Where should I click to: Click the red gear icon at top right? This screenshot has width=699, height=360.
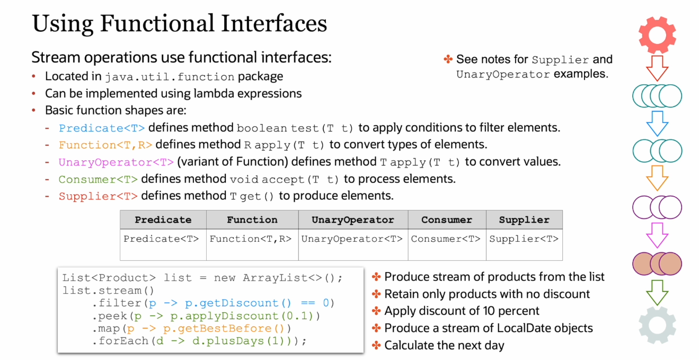click(x=657, y=34)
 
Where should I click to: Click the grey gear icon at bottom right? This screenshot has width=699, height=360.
click(x=657, y=326)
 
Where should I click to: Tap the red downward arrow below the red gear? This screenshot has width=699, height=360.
click(x=657, y=68)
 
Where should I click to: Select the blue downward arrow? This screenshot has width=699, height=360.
click(x=657, y=124)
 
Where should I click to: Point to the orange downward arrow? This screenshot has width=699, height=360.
click(x=657, y=178)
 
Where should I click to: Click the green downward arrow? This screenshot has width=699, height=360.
click(x=657, y=293)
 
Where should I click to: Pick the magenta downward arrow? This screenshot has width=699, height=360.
click(x=657, y=235)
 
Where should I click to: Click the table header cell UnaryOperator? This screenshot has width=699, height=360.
click(x=353, y=220)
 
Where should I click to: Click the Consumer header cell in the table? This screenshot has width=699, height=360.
click(x=447, y=220)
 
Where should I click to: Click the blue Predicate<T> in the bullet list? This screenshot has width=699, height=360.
click(x=102, y=128)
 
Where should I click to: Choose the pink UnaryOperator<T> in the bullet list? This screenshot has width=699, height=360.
click(x=116, y=162)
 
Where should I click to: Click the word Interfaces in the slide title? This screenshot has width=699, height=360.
click(x=274, y=23)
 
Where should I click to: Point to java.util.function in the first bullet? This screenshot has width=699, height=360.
click(x=170, y=77)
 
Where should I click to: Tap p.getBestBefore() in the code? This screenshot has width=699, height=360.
click(x=224, y=329)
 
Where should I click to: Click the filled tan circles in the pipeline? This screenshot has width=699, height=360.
click(x=657, y=264)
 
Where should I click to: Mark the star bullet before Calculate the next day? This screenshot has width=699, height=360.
click(x=376, y=345)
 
